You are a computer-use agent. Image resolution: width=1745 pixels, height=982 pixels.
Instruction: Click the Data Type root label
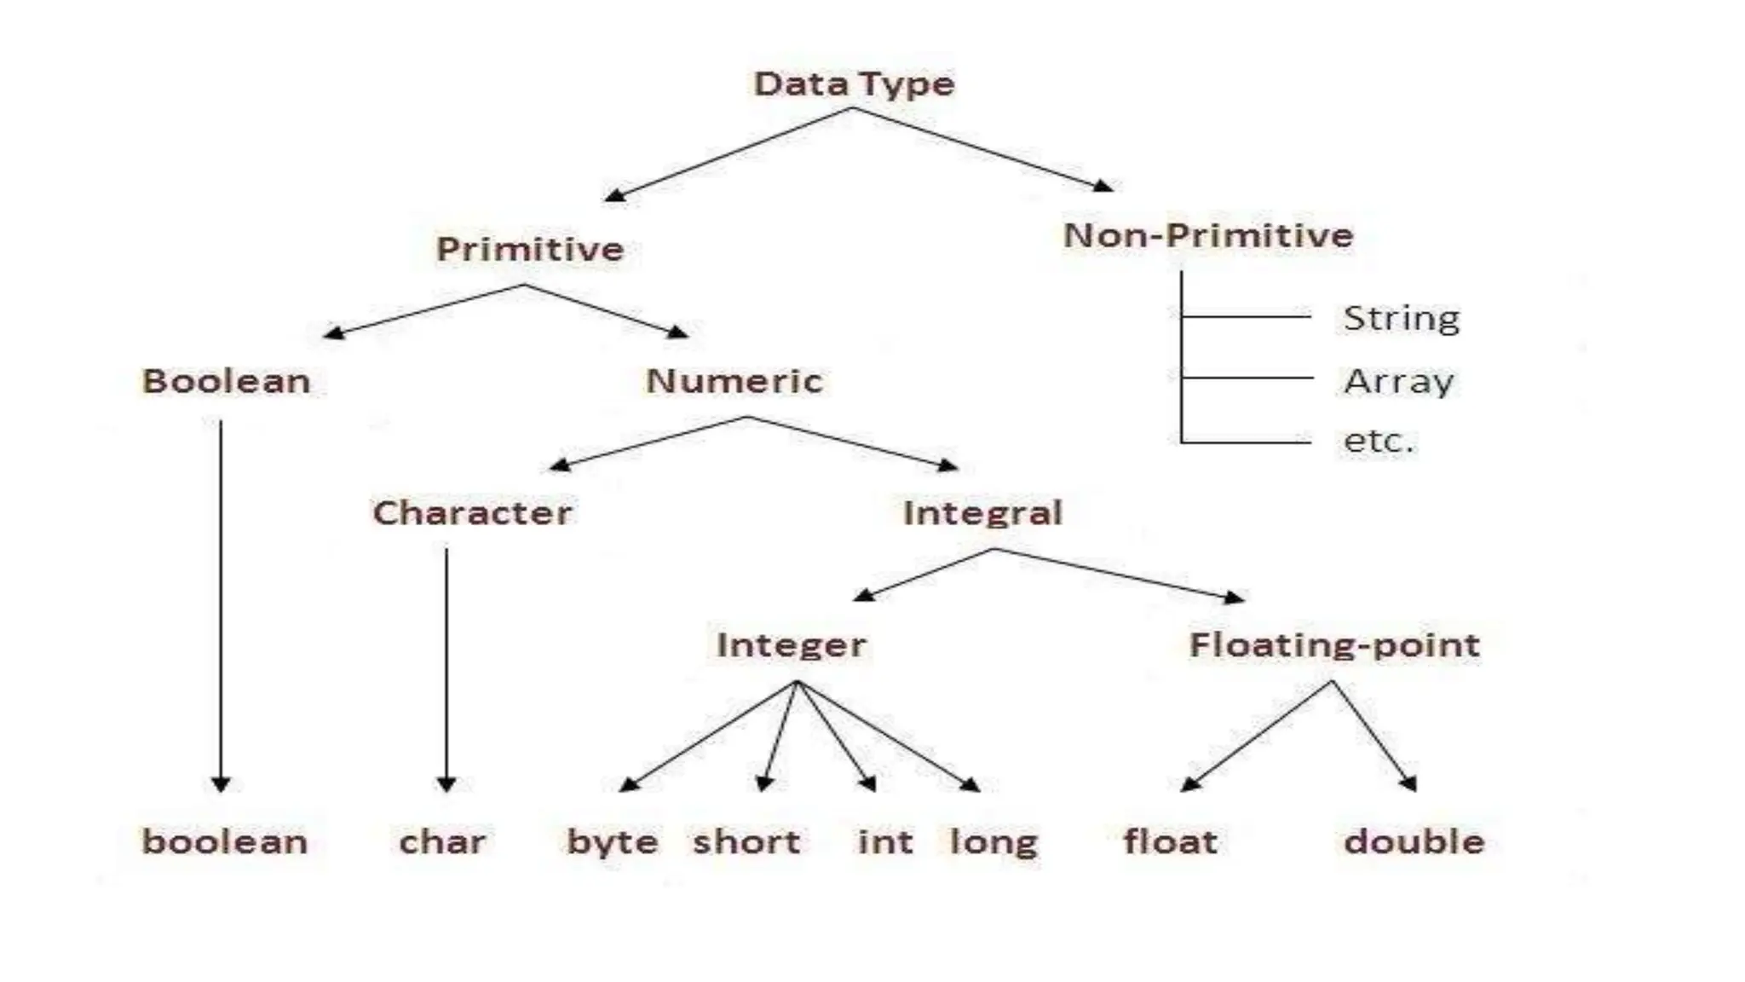(x=854, y=84)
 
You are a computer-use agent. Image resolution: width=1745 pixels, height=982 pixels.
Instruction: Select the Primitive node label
(x=530, y=250)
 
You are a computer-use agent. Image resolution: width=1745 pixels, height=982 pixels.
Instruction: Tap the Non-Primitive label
(x=1208, y=236)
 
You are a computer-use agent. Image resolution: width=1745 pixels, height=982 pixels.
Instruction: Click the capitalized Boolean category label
(x=226, y=381)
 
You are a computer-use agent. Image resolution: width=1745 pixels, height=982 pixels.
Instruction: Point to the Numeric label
(x=734, y=381)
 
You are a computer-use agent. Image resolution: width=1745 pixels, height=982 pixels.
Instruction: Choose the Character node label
(x=472, y=513)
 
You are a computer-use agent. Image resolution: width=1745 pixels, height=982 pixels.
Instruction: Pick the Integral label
(x=982, y=513)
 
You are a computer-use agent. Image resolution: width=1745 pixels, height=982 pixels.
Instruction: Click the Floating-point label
(x=1334, y=645)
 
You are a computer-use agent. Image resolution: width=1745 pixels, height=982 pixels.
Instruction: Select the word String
(x=1401, y=319)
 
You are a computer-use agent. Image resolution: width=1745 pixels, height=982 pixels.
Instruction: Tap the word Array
(x=1398, y=382)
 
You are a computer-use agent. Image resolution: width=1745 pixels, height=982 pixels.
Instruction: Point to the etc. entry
(x=1378, y=442)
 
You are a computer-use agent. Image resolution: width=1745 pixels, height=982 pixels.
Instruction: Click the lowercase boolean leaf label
(x=224, y=842)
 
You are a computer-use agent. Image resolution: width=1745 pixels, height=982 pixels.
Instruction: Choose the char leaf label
(x=442, y=842)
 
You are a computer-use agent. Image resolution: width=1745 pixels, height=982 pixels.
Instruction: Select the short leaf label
(x=746, y=842)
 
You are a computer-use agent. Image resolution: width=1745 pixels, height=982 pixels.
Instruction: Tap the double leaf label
(x=1414, y=842)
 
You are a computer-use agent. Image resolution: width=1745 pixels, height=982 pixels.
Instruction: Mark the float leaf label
(x=1170, y=842)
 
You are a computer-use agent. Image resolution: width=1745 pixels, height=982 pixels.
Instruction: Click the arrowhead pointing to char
(x=446, y=783)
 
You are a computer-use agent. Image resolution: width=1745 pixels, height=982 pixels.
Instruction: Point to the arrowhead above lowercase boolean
(x=221, y=783)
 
